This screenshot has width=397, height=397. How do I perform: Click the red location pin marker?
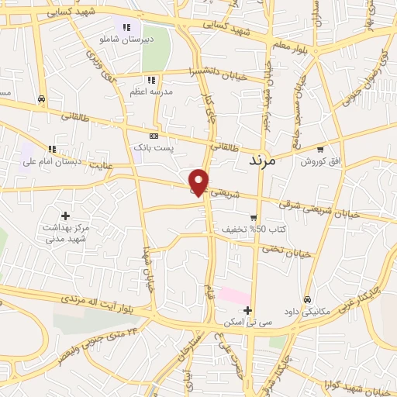pos(200,181)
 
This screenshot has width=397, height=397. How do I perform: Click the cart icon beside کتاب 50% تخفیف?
pos(253,218)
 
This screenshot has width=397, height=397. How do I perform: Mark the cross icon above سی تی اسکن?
pos(247,310)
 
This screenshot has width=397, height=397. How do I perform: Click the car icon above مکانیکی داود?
pos(307,299)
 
